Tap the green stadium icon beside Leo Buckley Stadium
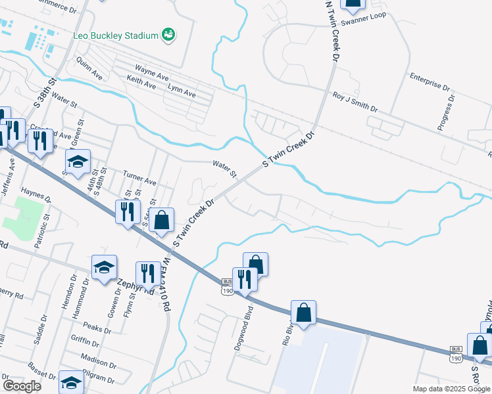click(168, 34)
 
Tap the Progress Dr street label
click(447, 113)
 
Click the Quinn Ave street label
click(89, 68)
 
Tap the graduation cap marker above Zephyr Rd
click(104, 267)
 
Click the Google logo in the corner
click(21, 386)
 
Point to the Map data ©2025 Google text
click(451, 389)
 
